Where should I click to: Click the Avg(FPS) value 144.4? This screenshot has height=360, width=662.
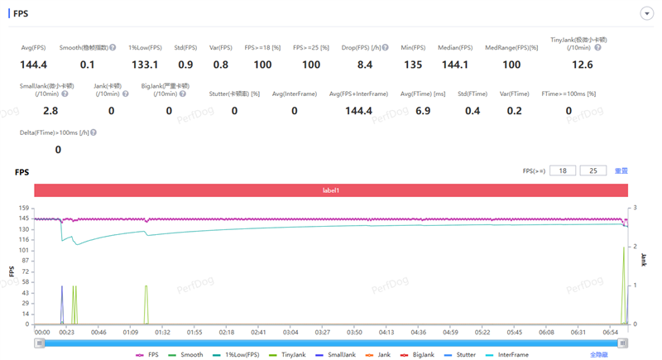pos(33,65)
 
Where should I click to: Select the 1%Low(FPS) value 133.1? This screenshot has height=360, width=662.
pos(144,65)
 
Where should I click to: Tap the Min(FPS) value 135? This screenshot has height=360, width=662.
pos(413,65)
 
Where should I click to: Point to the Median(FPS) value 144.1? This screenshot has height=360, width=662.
pos(455,65)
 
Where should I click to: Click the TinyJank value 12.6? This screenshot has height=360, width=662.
pos(583,65)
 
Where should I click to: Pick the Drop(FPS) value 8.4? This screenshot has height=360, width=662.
pos(364,65)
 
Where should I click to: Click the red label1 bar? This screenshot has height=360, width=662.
pos(331,190)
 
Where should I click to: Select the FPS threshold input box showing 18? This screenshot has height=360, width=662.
pos(562,170)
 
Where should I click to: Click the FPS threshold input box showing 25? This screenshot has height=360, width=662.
pos(593,170)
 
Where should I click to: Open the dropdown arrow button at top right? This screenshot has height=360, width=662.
pos(646,13)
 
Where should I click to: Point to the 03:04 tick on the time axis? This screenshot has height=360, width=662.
pos(290,332)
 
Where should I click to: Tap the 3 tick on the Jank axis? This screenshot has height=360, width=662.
pos(636,209)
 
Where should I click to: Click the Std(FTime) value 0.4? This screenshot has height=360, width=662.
pos(473,110)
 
